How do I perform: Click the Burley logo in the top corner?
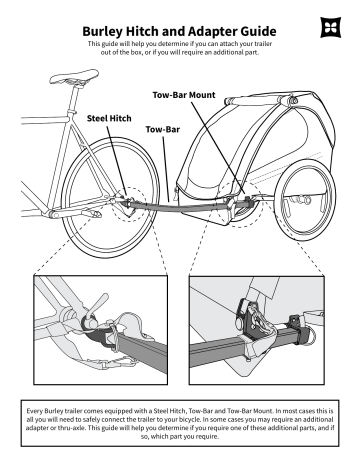331,27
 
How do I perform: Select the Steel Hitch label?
109,118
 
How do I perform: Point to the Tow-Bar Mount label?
184,95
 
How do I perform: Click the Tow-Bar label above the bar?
163,129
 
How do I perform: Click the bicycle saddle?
74,77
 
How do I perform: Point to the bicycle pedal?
93,214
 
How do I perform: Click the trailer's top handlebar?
261,100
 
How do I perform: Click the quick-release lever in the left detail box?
98,303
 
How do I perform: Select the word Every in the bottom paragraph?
34,411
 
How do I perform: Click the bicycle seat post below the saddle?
74,99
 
